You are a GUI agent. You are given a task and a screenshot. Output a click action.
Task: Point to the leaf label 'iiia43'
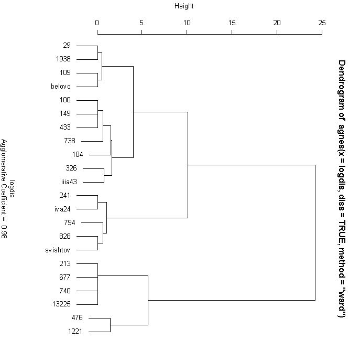pos(69,182)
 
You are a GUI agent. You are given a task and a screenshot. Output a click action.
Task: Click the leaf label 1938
pos(70,59)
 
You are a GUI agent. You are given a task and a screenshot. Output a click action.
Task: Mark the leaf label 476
pos(78,318)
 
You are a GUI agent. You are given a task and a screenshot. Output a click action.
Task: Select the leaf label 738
pos(70,141)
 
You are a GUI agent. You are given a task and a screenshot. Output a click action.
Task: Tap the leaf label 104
pos(78,155)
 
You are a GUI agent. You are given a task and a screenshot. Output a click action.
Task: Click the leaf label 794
pos(70,222)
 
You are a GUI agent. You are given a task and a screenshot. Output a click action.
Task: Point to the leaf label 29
pos(74,46)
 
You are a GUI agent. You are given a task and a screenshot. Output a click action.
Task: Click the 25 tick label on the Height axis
pos(322,23)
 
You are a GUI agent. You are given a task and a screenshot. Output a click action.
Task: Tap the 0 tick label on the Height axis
pos(97,23)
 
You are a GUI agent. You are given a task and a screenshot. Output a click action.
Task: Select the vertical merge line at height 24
pos(315,232)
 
